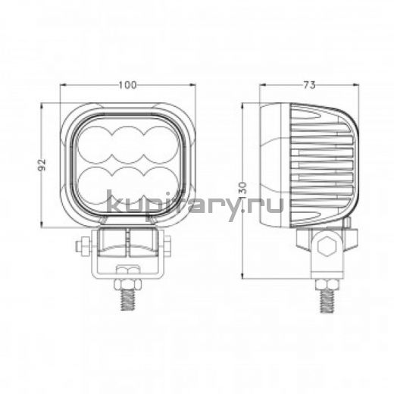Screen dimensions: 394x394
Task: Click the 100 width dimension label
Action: coord(127,85)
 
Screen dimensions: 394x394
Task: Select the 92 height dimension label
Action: coord(42,164)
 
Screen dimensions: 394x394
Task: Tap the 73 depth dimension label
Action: coord(309,85)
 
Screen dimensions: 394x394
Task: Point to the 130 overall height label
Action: coord(242,189)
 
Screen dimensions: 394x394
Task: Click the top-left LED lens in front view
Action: coord(93,145)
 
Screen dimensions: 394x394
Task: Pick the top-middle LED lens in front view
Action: coord(128,145)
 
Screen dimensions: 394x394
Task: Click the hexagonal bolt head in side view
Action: coord(327,247)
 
